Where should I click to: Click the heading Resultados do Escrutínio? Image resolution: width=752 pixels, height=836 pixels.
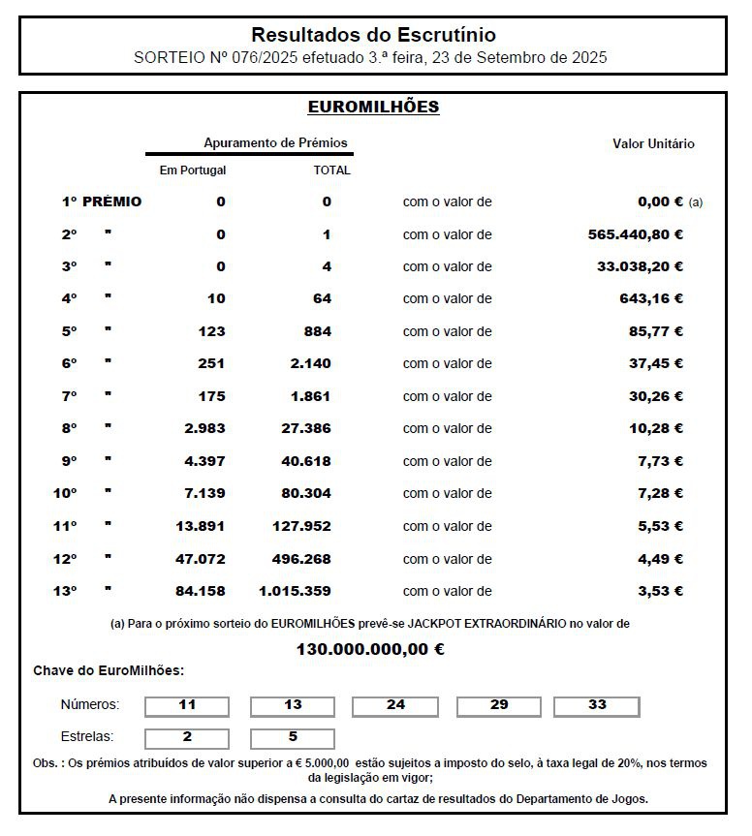(373, 35)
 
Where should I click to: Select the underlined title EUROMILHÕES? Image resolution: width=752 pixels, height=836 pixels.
(373, 107)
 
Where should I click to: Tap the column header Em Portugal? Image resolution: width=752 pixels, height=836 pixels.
(193, 170)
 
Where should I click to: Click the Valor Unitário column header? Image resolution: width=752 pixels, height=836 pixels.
(653, 144)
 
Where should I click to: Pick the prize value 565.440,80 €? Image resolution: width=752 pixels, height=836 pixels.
(636, 234)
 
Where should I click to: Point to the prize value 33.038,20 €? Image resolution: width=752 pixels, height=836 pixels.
(640, 266)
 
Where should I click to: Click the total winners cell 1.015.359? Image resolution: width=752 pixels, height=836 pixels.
(295, 591)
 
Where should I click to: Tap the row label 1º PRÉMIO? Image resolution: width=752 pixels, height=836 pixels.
(102, 201)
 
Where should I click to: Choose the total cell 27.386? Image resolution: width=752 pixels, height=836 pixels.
(306, 428)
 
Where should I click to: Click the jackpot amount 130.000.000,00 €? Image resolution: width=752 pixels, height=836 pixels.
(370, 649)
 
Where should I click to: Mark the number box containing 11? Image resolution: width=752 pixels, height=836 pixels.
(187, 705)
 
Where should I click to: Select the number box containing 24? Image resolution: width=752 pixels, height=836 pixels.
(395, 705)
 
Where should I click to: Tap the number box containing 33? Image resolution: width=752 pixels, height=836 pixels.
(597, 705)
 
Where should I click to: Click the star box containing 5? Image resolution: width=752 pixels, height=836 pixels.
(293, 737)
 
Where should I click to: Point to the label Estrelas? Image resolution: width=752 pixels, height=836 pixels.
(87, 736)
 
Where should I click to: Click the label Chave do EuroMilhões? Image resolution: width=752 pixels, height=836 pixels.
(109, 670)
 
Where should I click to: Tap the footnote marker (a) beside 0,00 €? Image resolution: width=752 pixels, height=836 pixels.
(695, 202)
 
